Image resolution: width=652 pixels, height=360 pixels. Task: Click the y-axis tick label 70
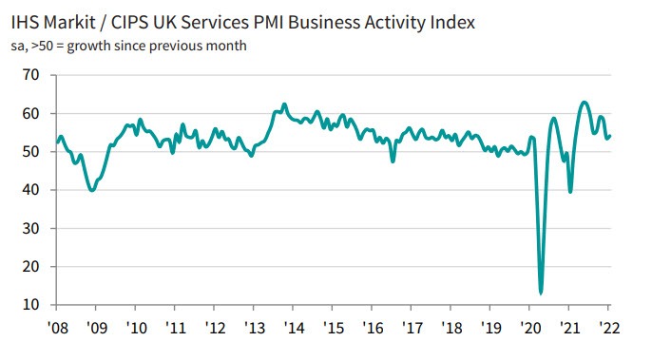point(30,75)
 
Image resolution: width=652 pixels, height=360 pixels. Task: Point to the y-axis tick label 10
point(30,305)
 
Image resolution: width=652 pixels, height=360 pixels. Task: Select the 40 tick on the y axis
point(30,190)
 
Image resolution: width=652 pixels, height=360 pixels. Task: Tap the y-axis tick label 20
point(30,267)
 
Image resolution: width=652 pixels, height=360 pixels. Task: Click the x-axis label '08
point(57,328)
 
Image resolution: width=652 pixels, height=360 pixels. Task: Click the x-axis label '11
point(175,328)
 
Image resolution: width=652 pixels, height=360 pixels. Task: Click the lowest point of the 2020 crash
point(541,293)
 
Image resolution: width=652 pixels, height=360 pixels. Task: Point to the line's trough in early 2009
point(91,190)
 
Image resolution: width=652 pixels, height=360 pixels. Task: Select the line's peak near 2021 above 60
point(584,102)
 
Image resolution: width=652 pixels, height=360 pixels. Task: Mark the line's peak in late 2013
point(284,104)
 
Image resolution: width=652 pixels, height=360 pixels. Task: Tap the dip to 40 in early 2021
point(570,191)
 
